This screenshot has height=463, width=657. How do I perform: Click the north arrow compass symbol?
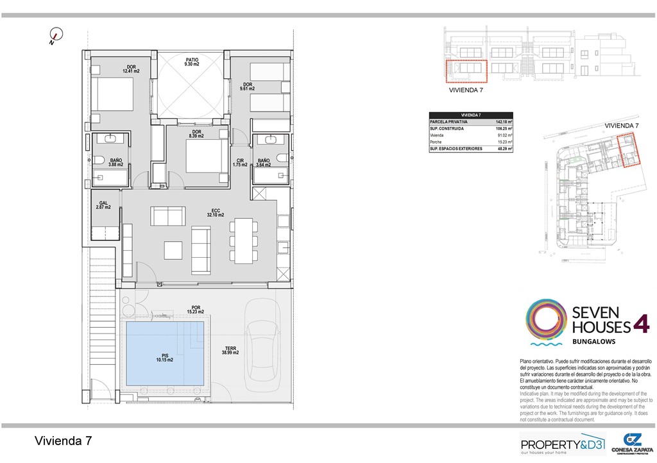(56, 37)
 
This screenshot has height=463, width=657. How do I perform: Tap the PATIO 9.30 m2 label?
(192, 62)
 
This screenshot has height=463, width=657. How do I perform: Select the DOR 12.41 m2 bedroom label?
(132, 69)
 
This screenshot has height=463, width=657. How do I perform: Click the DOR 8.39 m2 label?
(196, 134)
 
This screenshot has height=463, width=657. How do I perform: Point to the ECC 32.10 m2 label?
(215, 212)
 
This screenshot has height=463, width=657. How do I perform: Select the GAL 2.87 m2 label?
(103, 205)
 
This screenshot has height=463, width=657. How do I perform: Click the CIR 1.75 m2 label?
(240, 163)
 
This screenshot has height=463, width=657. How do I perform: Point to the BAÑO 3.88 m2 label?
(116, 163)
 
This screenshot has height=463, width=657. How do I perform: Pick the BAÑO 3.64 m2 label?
(264, 163)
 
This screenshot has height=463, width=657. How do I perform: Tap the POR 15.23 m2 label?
(196, 310)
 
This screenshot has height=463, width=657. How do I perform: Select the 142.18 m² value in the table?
(504, 121)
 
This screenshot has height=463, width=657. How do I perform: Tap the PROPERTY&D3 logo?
(561, 444)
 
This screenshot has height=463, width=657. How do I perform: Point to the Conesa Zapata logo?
(633, 443)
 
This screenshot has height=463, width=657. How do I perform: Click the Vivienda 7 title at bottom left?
(63, 441)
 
